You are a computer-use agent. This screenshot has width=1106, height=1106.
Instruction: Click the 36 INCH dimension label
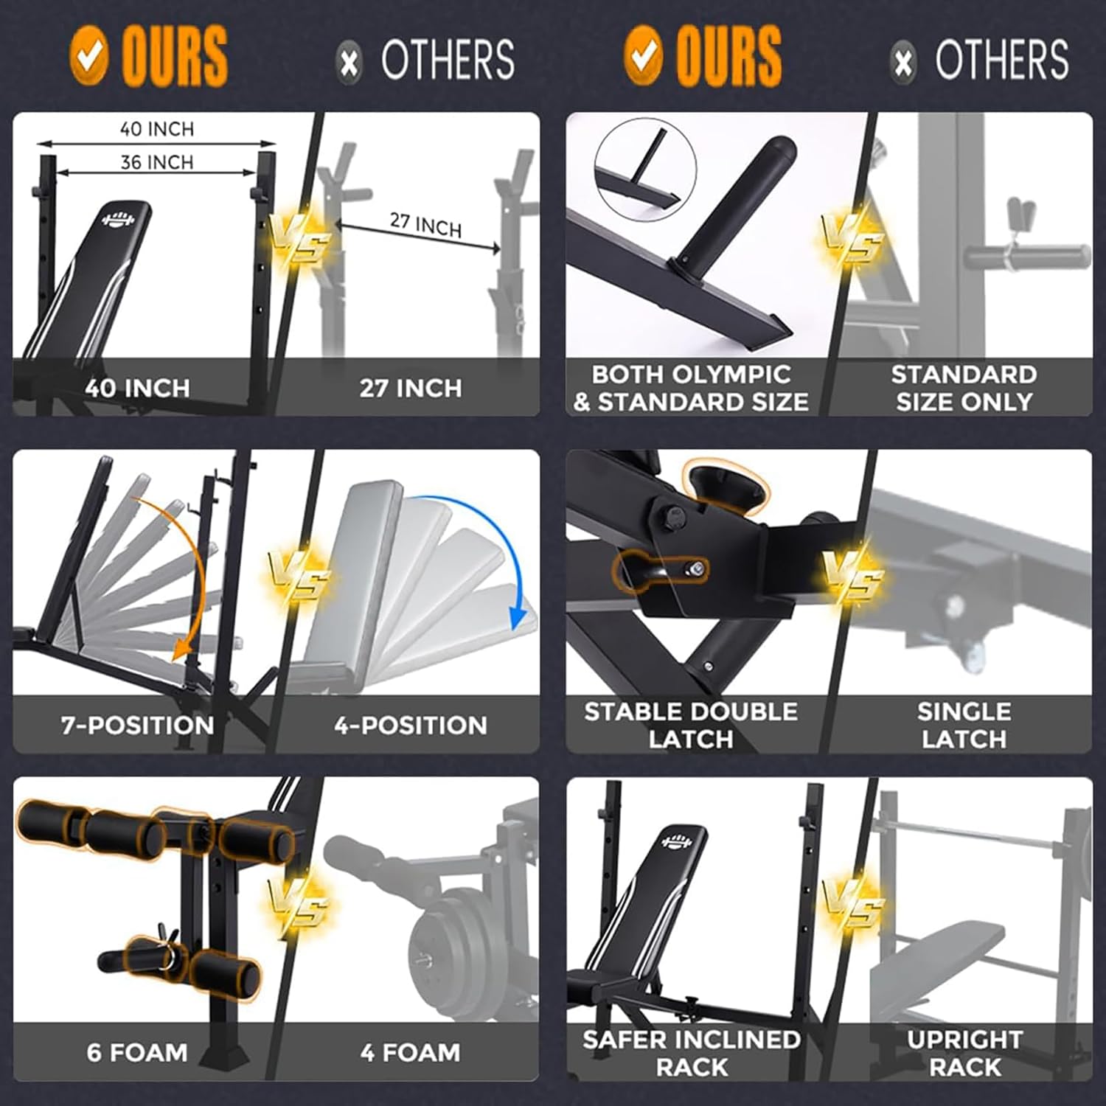[157, 161]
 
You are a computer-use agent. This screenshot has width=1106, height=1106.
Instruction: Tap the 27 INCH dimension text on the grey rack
[425, 224]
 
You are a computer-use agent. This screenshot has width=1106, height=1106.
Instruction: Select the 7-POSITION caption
[138, 725]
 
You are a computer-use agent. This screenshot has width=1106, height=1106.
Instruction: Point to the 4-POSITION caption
[411, 725]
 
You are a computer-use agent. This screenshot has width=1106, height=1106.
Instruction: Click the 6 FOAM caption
[137, 1051]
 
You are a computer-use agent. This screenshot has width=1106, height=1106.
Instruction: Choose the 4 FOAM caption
[410, 1051]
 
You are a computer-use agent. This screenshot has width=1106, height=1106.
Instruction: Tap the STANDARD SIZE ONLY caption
[964, 388]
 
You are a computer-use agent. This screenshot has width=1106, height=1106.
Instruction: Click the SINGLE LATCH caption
[964, 725]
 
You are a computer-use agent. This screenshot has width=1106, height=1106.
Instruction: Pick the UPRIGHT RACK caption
[964, 1053]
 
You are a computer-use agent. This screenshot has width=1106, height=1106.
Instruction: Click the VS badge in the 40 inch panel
[298, 237]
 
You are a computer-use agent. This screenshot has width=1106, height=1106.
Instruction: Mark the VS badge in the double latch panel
[852, 575]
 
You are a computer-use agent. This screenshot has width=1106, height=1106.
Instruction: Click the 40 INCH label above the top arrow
[157, 129]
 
